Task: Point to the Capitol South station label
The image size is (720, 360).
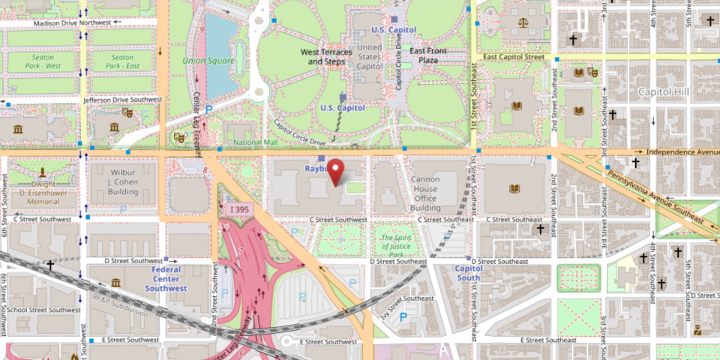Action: pyautogui.click(x=469, y=273)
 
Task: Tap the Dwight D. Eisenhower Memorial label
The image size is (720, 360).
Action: pyautogui.click(x=42, y=191)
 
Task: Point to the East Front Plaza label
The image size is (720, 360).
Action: pyautogui.click(x=428, y=55)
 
